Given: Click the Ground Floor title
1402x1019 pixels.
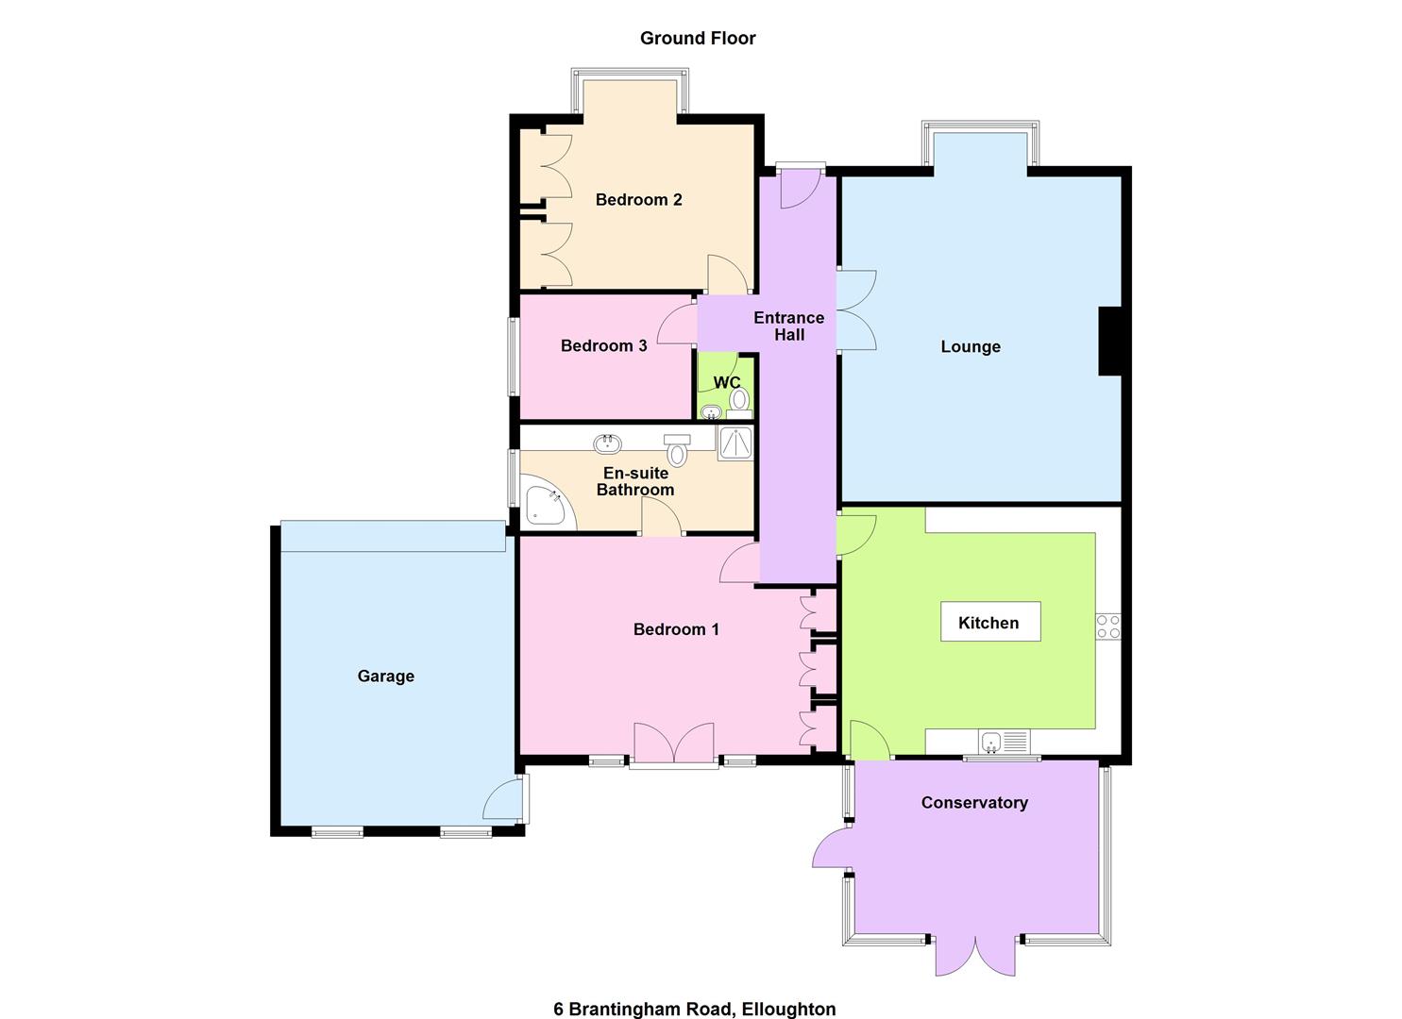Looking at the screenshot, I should click(698, 38).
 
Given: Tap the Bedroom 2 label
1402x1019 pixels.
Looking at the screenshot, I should click(638, 200).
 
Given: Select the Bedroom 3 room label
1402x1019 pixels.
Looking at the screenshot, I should click(603, 346).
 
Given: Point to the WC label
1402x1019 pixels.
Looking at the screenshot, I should click(726, 382).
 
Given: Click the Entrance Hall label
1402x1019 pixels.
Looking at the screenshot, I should click(788, 326).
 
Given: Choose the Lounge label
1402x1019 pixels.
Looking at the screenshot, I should click(970, 347).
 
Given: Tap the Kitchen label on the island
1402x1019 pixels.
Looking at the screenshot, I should click(988, 623).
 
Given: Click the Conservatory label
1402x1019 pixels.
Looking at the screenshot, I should click(974, 803).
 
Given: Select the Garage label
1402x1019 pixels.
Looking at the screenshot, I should click(385, 677).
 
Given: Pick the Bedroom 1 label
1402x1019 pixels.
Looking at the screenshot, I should click(676, 629).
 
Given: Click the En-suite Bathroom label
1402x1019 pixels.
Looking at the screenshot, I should click(635, 481).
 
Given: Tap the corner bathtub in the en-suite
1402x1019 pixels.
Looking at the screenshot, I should click(546, 506).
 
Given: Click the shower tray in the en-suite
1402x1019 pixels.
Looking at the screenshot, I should click(735, 443).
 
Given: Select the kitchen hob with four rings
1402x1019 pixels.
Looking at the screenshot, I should click(1107, 626).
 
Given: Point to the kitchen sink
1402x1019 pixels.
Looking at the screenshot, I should click(991, 743).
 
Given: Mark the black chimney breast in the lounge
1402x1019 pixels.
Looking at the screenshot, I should click(1109, 341).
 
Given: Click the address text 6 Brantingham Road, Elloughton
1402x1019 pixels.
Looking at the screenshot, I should click(694, 1009).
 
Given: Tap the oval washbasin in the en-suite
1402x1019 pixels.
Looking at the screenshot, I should click(605, 443).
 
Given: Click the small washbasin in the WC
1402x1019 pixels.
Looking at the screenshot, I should click(711, 411).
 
